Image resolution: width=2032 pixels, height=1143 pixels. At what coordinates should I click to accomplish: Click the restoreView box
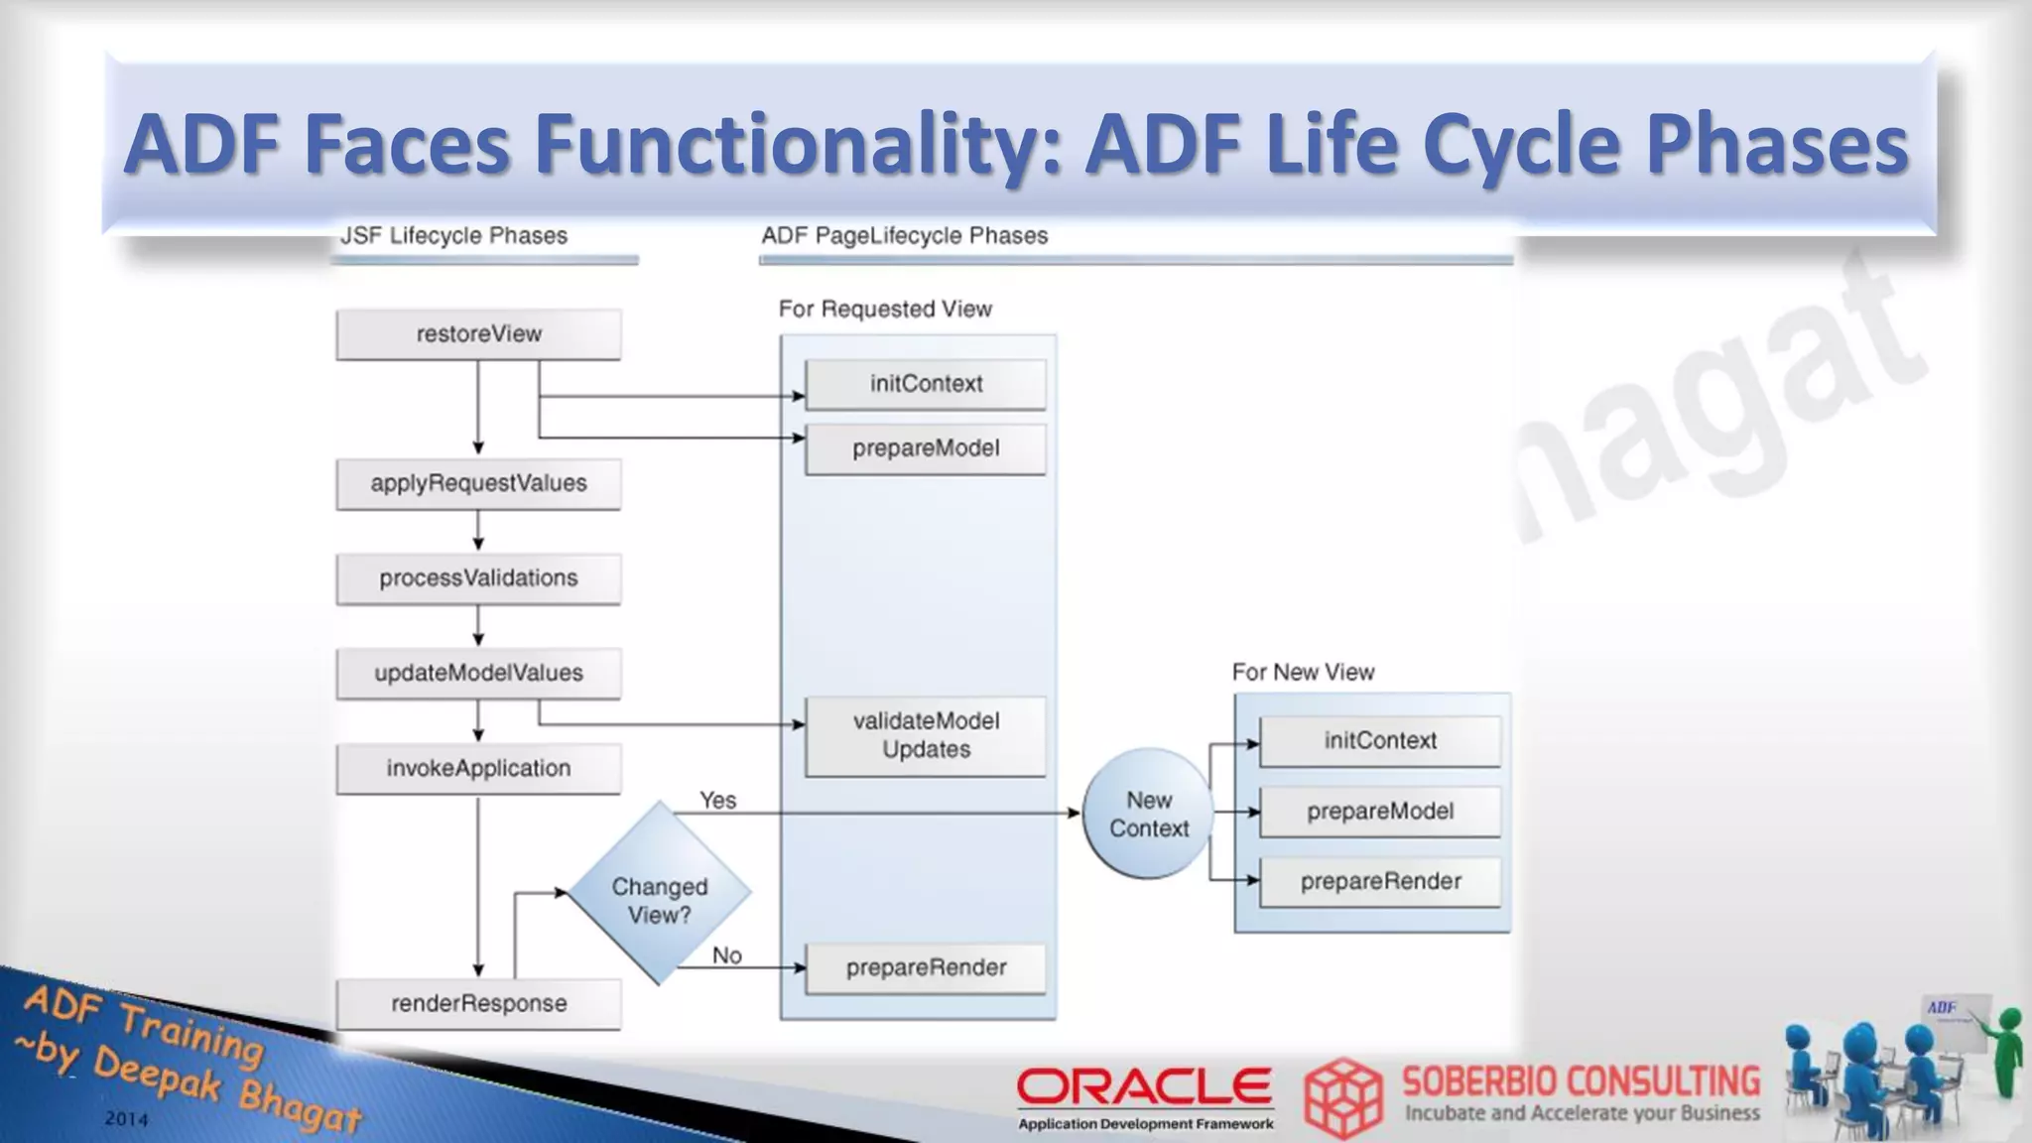[x=478, y=334]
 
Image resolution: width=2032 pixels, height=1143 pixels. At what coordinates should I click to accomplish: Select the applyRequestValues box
[x=478, y=483]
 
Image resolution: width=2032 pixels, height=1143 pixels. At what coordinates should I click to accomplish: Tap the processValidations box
[x=478, y=578]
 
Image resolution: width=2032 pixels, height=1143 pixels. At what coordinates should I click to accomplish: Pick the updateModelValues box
[x=478, y=674]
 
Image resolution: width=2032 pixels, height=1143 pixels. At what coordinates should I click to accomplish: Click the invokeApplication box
[x=478, y=769]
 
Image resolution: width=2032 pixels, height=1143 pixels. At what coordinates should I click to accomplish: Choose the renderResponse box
[x=478, y=1004]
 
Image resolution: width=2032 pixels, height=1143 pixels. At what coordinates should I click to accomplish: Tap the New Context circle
[x=1148, y=814]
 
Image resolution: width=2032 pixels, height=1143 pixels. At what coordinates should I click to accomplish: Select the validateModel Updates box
[x=925, y=736]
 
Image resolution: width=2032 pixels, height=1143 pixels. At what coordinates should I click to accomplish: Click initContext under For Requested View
[x=925, y=384]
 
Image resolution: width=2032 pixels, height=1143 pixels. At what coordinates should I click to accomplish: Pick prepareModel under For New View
[x=1379, y=812]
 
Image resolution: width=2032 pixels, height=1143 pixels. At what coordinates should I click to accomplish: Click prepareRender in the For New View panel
[x=1379, y=882]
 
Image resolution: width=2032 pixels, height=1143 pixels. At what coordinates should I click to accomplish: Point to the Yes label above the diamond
[x=717, y=801]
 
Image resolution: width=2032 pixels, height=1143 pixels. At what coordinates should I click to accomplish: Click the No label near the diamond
[x=726, y=955]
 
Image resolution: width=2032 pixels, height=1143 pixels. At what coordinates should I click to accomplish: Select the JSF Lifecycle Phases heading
[x=453, y=236]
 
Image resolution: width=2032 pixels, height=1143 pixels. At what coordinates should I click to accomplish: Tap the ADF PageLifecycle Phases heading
[x=904, y=236]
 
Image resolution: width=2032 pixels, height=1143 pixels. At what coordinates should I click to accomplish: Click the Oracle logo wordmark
[x=1144, y=1087]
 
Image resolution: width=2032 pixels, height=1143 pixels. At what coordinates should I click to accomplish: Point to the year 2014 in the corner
[x=126, y=1119]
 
